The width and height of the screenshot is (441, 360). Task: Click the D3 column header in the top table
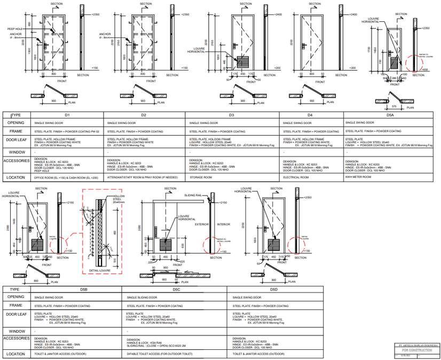(232, 115)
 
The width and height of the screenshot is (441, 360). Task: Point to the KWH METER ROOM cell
(358, 177)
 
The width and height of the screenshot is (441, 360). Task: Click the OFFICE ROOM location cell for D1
(66, 177)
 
